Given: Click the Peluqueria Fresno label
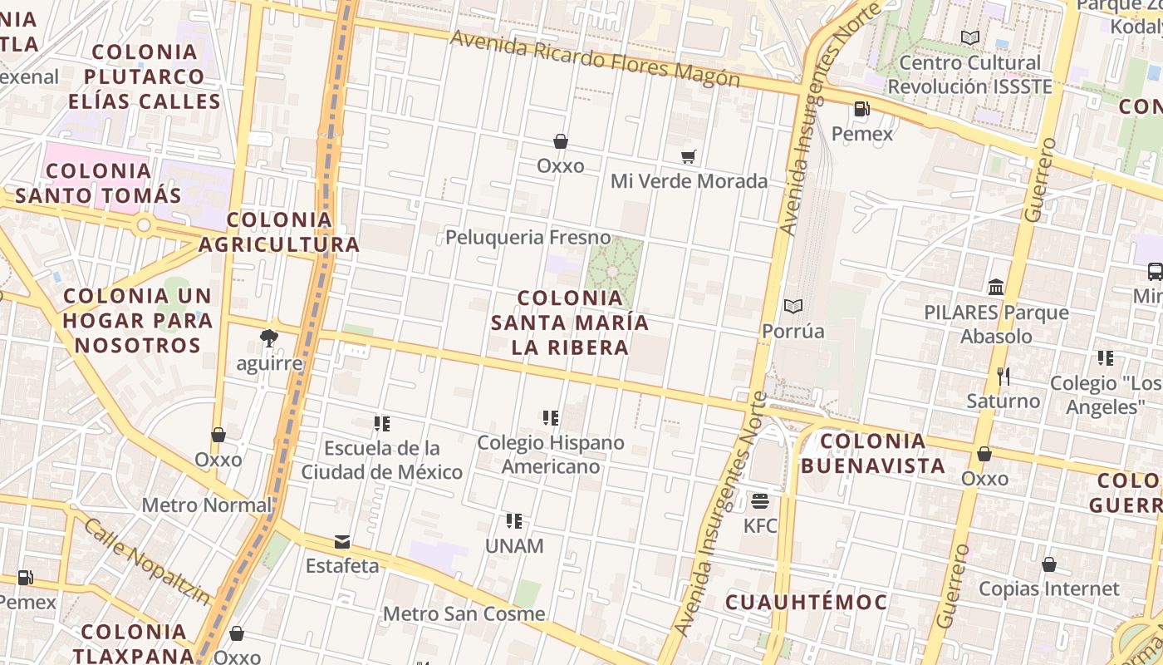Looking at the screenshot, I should pos(528,238).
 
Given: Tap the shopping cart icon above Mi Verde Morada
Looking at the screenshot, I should pos(688,156).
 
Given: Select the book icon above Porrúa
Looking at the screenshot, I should pos(793,307).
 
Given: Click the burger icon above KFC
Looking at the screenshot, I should pos(760,501).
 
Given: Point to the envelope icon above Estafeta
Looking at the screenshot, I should pos(341,542).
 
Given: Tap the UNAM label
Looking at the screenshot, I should pos(514,546).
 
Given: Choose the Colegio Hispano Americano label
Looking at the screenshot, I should pos(550,455).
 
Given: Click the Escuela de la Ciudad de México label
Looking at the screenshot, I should pos(381,461).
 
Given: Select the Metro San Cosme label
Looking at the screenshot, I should pos(464,614).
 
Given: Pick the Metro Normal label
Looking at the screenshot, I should pos(206,505).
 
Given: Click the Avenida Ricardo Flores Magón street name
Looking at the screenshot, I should pos(594,59).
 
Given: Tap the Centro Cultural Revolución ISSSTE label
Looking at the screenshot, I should pos(969,75).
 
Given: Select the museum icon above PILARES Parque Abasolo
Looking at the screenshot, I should pos(996,288).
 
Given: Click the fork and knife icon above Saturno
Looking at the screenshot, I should pos(1004,377).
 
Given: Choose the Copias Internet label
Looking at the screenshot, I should pos(1048,589).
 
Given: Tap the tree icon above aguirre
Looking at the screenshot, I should pos(268,338).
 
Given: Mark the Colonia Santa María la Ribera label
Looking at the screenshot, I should pos(569,323).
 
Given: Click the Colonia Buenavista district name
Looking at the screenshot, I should pos(873,453).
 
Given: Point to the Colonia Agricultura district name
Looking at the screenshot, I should pos(278,232).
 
